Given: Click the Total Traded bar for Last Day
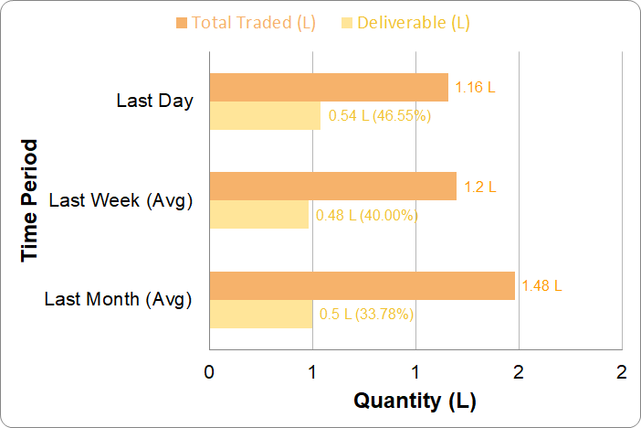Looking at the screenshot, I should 329,88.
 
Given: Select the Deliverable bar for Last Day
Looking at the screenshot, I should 265,116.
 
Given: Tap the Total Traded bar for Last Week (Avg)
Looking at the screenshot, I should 332,187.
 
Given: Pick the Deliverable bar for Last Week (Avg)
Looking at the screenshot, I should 258,215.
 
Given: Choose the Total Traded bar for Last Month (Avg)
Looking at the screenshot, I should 362,285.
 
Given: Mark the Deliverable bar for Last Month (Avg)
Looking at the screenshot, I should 260,314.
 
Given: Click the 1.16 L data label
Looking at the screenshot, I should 475,89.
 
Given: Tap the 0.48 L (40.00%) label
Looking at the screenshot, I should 366,216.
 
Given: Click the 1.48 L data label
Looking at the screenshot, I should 541,285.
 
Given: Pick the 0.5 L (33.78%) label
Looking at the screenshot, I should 366,315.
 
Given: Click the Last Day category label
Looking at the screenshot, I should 154,101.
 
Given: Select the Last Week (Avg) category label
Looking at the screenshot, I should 121,199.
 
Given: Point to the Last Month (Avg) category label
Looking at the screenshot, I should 118,298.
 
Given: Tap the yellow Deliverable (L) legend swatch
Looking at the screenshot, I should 346,22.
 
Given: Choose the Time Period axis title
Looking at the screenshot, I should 30,199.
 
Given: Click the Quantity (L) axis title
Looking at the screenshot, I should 415,401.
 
